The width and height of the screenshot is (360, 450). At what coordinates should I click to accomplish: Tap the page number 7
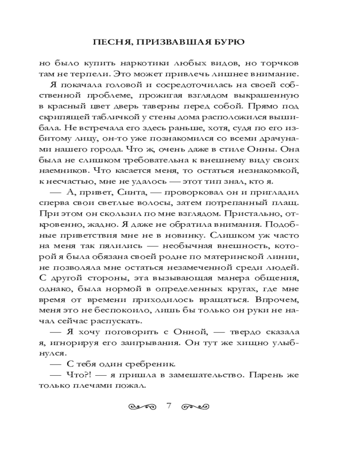tap(169, 406)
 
